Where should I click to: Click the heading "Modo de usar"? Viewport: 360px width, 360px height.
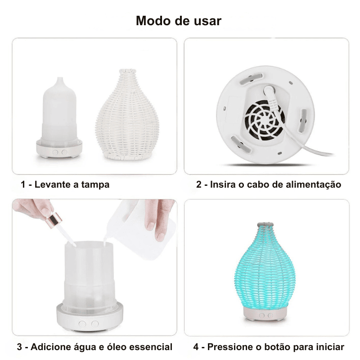pos(179,21)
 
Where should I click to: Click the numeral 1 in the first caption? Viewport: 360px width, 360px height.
pos(23,184)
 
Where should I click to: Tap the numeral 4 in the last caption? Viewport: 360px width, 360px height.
pos(196,347)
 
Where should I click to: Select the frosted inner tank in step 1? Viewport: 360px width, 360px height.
pos(60,112)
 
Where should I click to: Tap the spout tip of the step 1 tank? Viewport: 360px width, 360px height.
pos(60,78)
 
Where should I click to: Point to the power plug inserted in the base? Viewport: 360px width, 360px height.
pos(271,96)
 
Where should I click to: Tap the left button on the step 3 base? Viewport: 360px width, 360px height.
pos(82,324)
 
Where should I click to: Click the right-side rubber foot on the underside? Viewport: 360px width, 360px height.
pos(303,121)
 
